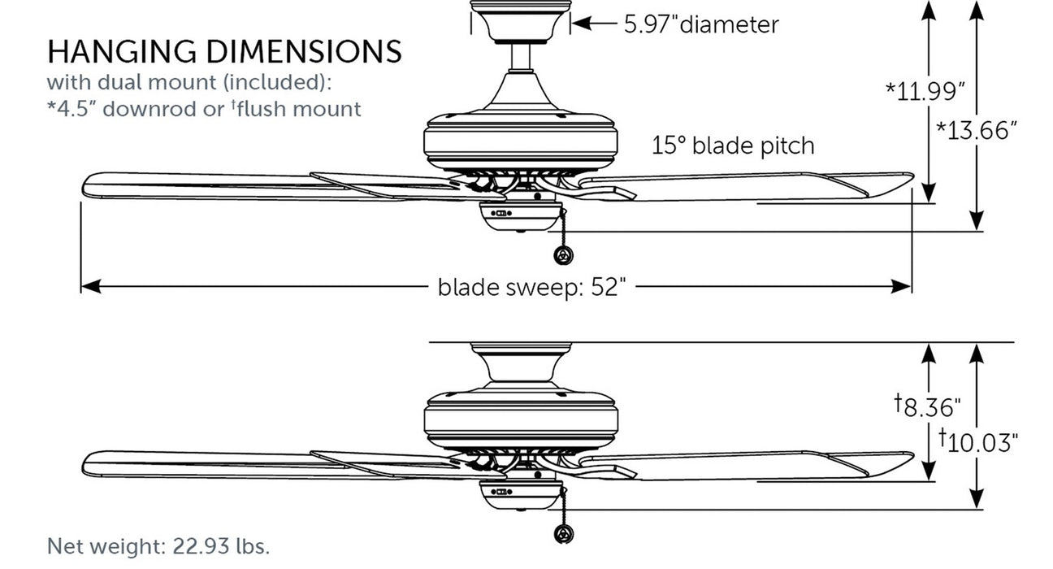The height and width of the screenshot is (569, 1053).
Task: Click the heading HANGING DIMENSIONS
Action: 224,51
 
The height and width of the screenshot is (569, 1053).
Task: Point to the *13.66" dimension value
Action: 977,130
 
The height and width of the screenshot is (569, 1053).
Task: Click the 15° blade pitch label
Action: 733,146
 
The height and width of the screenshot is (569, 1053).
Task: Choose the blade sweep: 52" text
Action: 532,287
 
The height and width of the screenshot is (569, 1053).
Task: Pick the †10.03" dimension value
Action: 979,441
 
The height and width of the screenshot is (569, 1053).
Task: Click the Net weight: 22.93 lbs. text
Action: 158,545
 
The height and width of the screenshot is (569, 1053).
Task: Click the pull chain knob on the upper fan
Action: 561,256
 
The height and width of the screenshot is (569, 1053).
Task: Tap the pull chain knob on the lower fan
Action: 561,533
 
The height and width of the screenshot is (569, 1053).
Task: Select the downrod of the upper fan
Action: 519,57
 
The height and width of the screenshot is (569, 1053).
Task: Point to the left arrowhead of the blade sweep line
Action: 88,286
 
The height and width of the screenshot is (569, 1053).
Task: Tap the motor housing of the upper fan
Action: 519,143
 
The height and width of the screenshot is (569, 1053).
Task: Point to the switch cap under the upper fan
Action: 519,216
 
